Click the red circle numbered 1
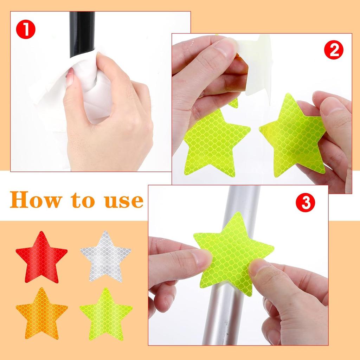[26, 29]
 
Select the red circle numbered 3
[305, 203]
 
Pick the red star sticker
[41, 257]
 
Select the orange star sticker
[41, 314]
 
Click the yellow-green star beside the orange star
[105, 314]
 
